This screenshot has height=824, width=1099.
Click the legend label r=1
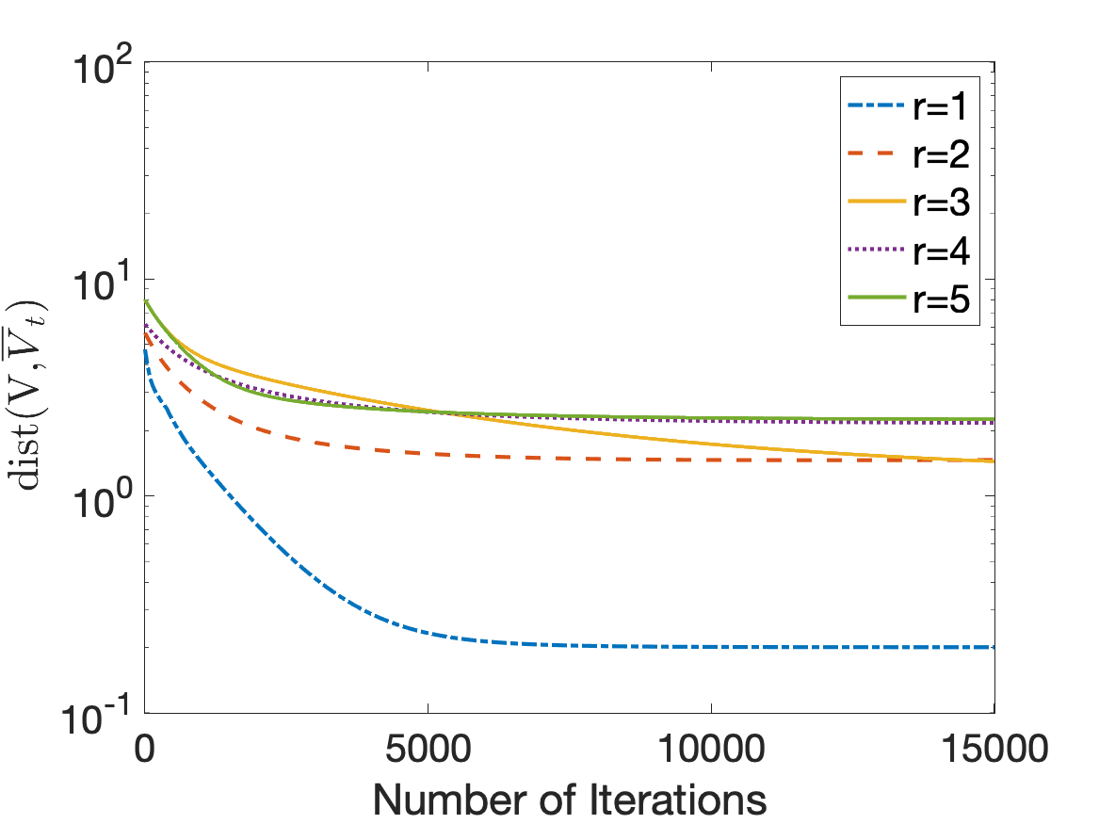(x=940, y=106)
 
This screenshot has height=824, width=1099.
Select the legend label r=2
(x=941, y=154)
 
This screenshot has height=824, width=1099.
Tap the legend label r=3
(x=941, y=202)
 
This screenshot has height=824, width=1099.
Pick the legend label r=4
(x=941, y=250)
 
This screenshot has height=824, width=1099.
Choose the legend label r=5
(x=941, y=299)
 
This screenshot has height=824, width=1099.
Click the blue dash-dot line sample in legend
(x=876, y=105)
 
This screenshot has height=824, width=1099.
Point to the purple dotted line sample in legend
(x=876, y=250)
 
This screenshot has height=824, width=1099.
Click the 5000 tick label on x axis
(x=428, y=749)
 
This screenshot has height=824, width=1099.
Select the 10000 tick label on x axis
(x=711, y=749)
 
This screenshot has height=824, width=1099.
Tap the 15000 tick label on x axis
(x=994, y=749)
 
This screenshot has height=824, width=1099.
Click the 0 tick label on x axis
(x=144, y=749)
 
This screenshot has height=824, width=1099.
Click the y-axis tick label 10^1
(x=102, y=284)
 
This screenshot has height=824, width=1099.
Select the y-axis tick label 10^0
(x=102, y=502)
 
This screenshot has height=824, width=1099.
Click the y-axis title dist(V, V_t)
(x=26, y=395)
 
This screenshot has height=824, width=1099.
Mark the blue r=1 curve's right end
(x=994, y=647)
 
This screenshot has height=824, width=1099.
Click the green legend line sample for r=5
(x=876, y=298)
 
